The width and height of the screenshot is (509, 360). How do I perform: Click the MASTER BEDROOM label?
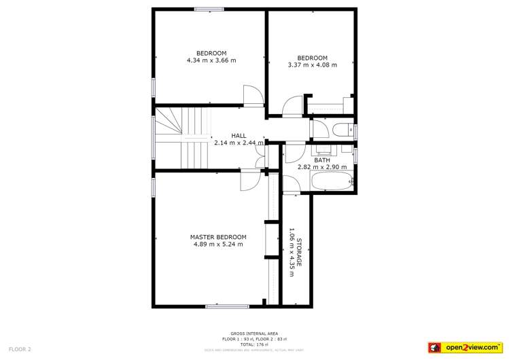(x=217, y=236)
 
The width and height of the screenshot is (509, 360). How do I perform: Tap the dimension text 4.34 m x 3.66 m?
(x=211, y=60)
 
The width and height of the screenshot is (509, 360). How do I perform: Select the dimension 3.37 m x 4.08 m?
(x=313, y=65)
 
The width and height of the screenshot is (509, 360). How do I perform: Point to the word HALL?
(x=239, y=135)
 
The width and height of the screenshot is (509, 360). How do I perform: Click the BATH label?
(x=322, y=160)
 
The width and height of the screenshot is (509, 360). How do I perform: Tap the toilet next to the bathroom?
(x=341, y=130)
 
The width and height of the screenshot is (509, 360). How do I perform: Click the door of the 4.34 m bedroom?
(x=253, y=96)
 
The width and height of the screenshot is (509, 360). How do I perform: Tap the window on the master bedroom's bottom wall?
(x=227, y=306)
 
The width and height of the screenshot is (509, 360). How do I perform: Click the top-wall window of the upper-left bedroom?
(x=209, y=9)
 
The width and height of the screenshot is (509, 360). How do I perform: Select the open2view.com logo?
(x=466, y=347)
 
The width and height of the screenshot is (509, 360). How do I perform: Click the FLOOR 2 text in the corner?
(x=20, y=349)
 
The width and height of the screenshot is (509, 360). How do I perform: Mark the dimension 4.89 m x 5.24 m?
(x=217, y=244)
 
